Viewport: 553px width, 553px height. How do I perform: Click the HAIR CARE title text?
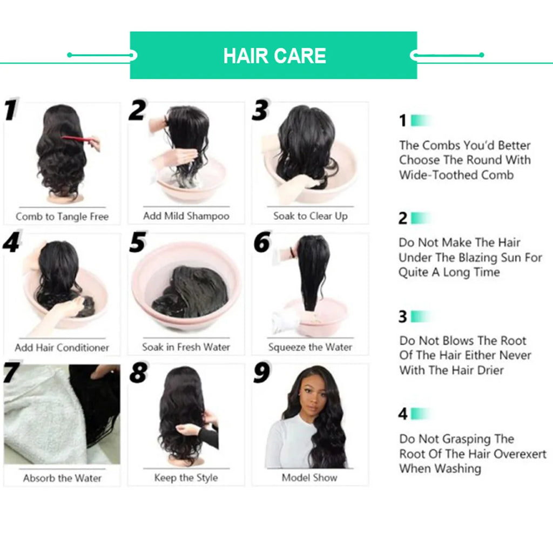274,56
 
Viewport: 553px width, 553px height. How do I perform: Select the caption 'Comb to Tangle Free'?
62,217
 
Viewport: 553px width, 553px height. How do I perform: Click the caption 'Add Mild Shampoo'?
186,216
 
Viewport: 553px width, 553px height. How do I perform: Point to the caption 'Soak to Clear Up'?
310,216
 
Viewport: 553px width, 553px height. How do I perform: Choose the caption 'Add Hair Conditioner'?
62,347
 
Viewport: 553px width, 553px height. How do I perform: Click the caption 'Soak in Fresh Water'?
186,347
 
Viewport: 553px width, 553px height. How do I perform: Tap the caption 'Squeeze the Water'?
310,347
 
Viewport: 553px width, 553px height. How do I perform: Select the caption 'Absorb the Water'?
62,478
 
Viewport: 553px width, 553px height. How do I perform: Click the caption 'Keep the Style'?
186,478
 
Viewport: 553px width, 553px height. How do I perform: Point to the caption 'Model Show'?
309,478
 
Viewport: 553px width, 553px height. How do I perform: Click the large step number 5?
138,242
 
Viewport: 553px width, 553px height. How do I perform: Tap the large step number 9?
262,373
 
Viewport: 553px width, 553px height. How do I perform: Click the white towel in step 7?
38,416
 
